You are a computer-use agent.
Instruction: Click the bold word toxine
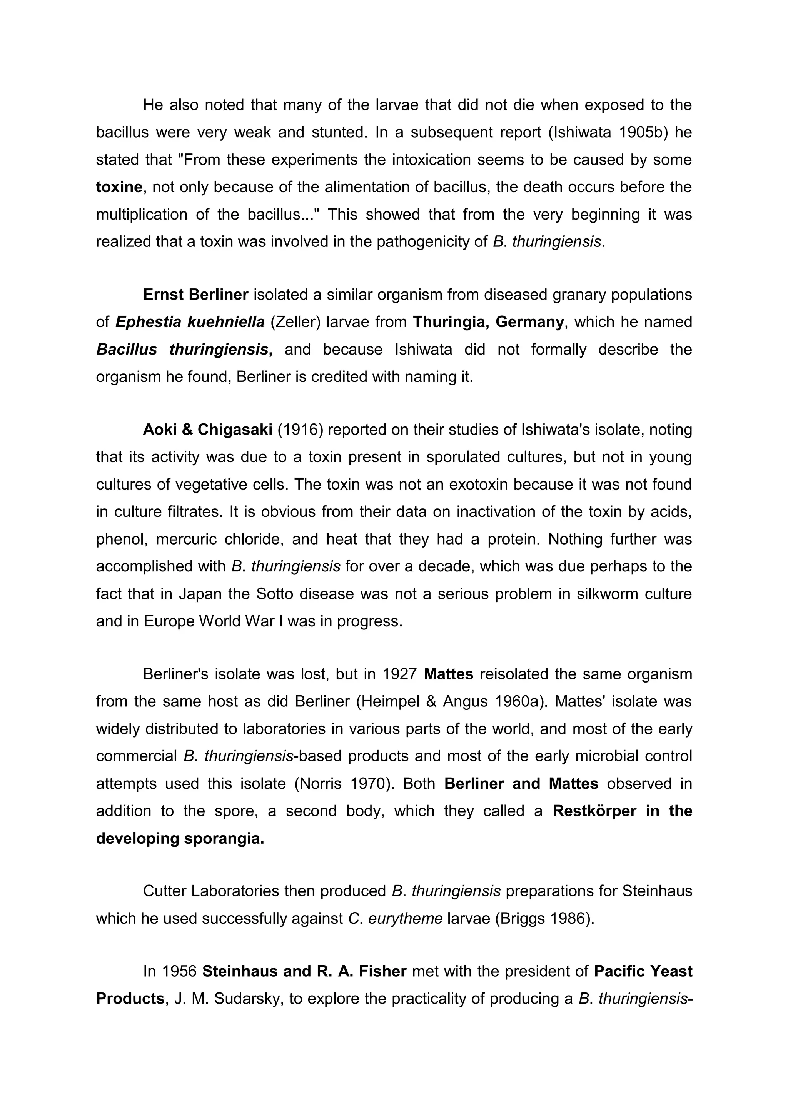(119, 187)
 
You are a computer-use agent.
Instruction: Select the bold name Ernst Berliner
(196, 295)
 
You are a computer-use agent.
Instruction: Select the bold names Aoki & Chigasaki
(207, 430)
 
